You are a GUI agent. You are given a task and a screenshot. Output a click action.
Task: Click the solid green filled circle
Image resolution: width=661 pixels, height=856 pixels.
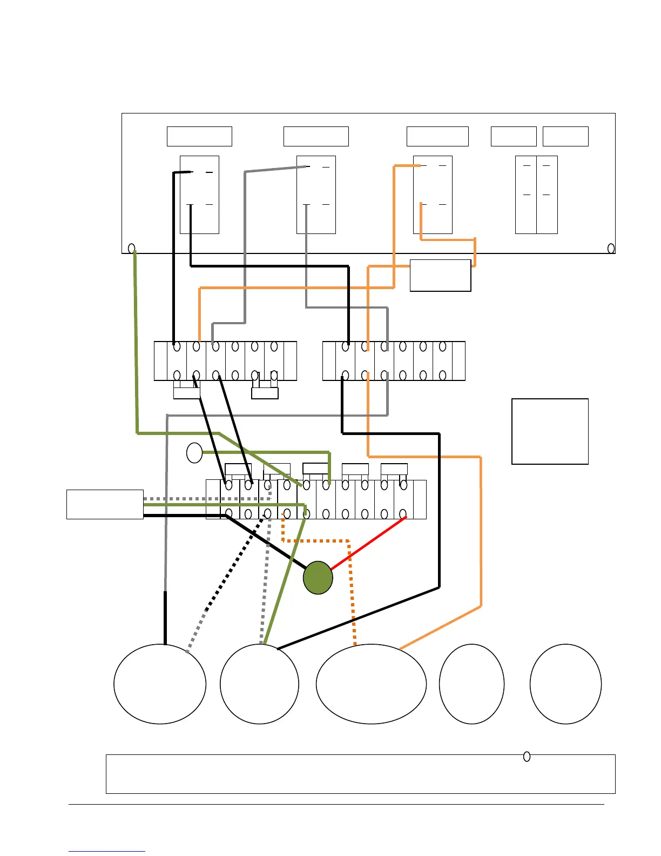(x=318, y=578)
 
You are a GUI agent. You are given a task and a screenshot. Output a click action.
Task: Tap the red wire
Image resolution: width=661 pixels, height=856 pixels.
(x=368, y=543)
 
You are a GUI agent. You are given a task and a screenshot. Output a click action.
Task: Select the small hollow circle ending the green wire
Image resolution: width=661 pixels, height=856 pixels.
(x=194, y=453)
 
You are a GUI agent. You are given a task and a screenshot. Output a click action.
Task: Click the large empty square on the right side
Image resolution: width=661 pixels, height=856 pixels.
(x=550, y=431)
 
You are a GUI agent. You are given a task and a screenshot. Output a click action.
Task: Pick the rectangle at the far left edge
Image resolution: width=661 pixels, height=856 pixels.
(x=105, y=504)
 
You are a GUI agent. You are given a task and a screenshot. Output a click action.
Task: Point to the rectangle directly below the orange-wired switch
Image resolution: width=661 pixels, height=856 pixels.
(x=440, y=276)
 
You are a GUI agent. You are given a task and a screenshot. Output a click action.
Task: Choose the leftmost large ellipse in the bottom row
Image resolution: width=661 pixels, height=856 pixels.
(x=160, y=684)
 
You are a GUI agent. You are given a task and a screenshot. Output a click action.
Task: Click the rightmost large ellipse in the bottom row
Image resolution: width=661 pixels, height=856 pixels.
(x=565, y=684)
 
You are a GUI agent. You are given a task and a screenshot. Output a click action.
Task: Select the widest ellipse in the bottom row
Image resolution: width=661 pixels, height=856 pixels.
(x=371, y=684)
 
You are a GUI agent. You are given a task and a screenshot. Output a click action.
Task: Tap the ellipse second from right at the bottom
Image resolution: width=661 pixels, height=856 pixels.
(x=471, y=684)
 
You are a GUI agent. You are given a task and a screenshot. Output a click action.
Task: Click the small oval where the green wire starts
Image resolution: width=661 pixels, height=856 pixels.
(x=131, y=249)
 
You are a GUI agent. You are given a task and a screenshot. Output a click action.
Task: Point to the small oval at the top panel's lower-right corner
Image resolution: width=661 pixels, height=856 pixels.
(x=611, y=249)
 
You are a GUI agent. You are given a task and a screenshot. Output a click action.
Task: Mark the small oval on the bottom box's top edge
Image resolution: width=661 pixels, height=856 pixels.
(x=527, y=757)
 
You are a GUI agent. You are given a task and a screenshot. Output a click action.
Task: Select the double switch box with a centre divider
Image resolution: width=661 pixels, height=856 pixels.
(x=536, y=195)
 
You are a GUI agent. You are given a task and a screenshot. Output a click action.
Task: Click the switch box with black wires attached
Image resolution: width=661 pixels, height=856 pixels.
(x=199, y=195)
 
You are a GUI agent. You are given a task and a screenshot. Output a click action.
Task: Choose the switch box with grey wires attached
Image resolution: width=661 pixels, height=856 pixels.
(x=316, y=195)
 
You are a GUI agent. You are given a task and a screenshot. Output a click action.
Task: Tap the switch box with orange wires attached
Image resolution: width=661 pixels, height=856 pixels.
(x=433, y=195)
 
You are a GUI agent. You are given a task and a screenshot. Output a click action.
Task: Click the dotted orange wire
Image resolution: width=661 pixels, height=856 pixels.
(x=352, y=589)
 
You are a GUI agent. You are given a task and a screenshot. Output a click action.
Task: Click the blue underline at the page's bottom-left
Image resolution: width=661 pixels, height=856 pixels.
(x=107, y=851)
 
